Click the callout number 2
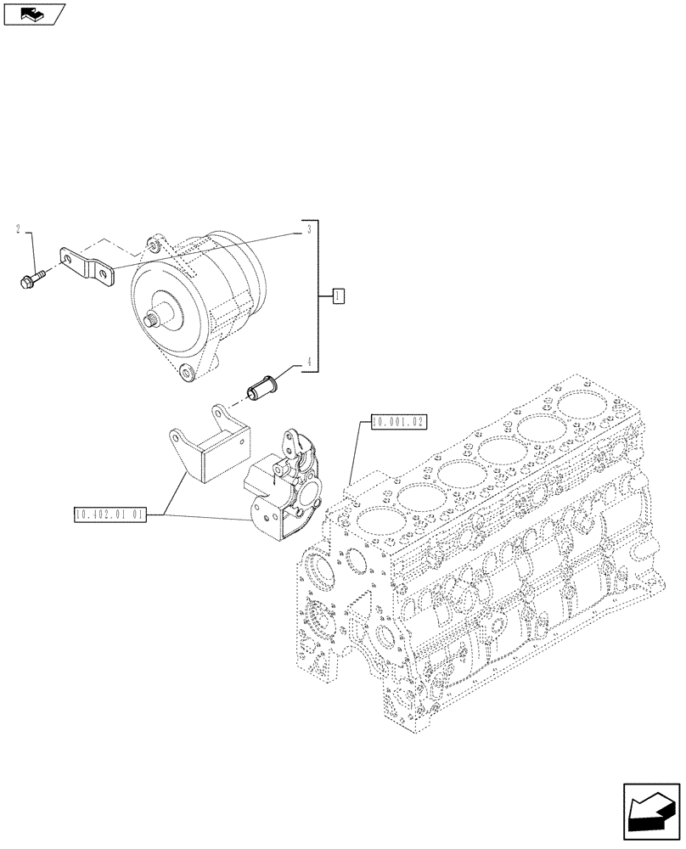tap(17, 229)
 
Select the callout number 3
tap(309, 229)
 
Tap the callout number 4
tap(309, 363)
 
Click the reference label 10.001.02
tap(397, 420)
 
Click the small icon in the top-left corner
tap(34, 13)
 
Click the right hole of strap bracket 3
tap(103, 274)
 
